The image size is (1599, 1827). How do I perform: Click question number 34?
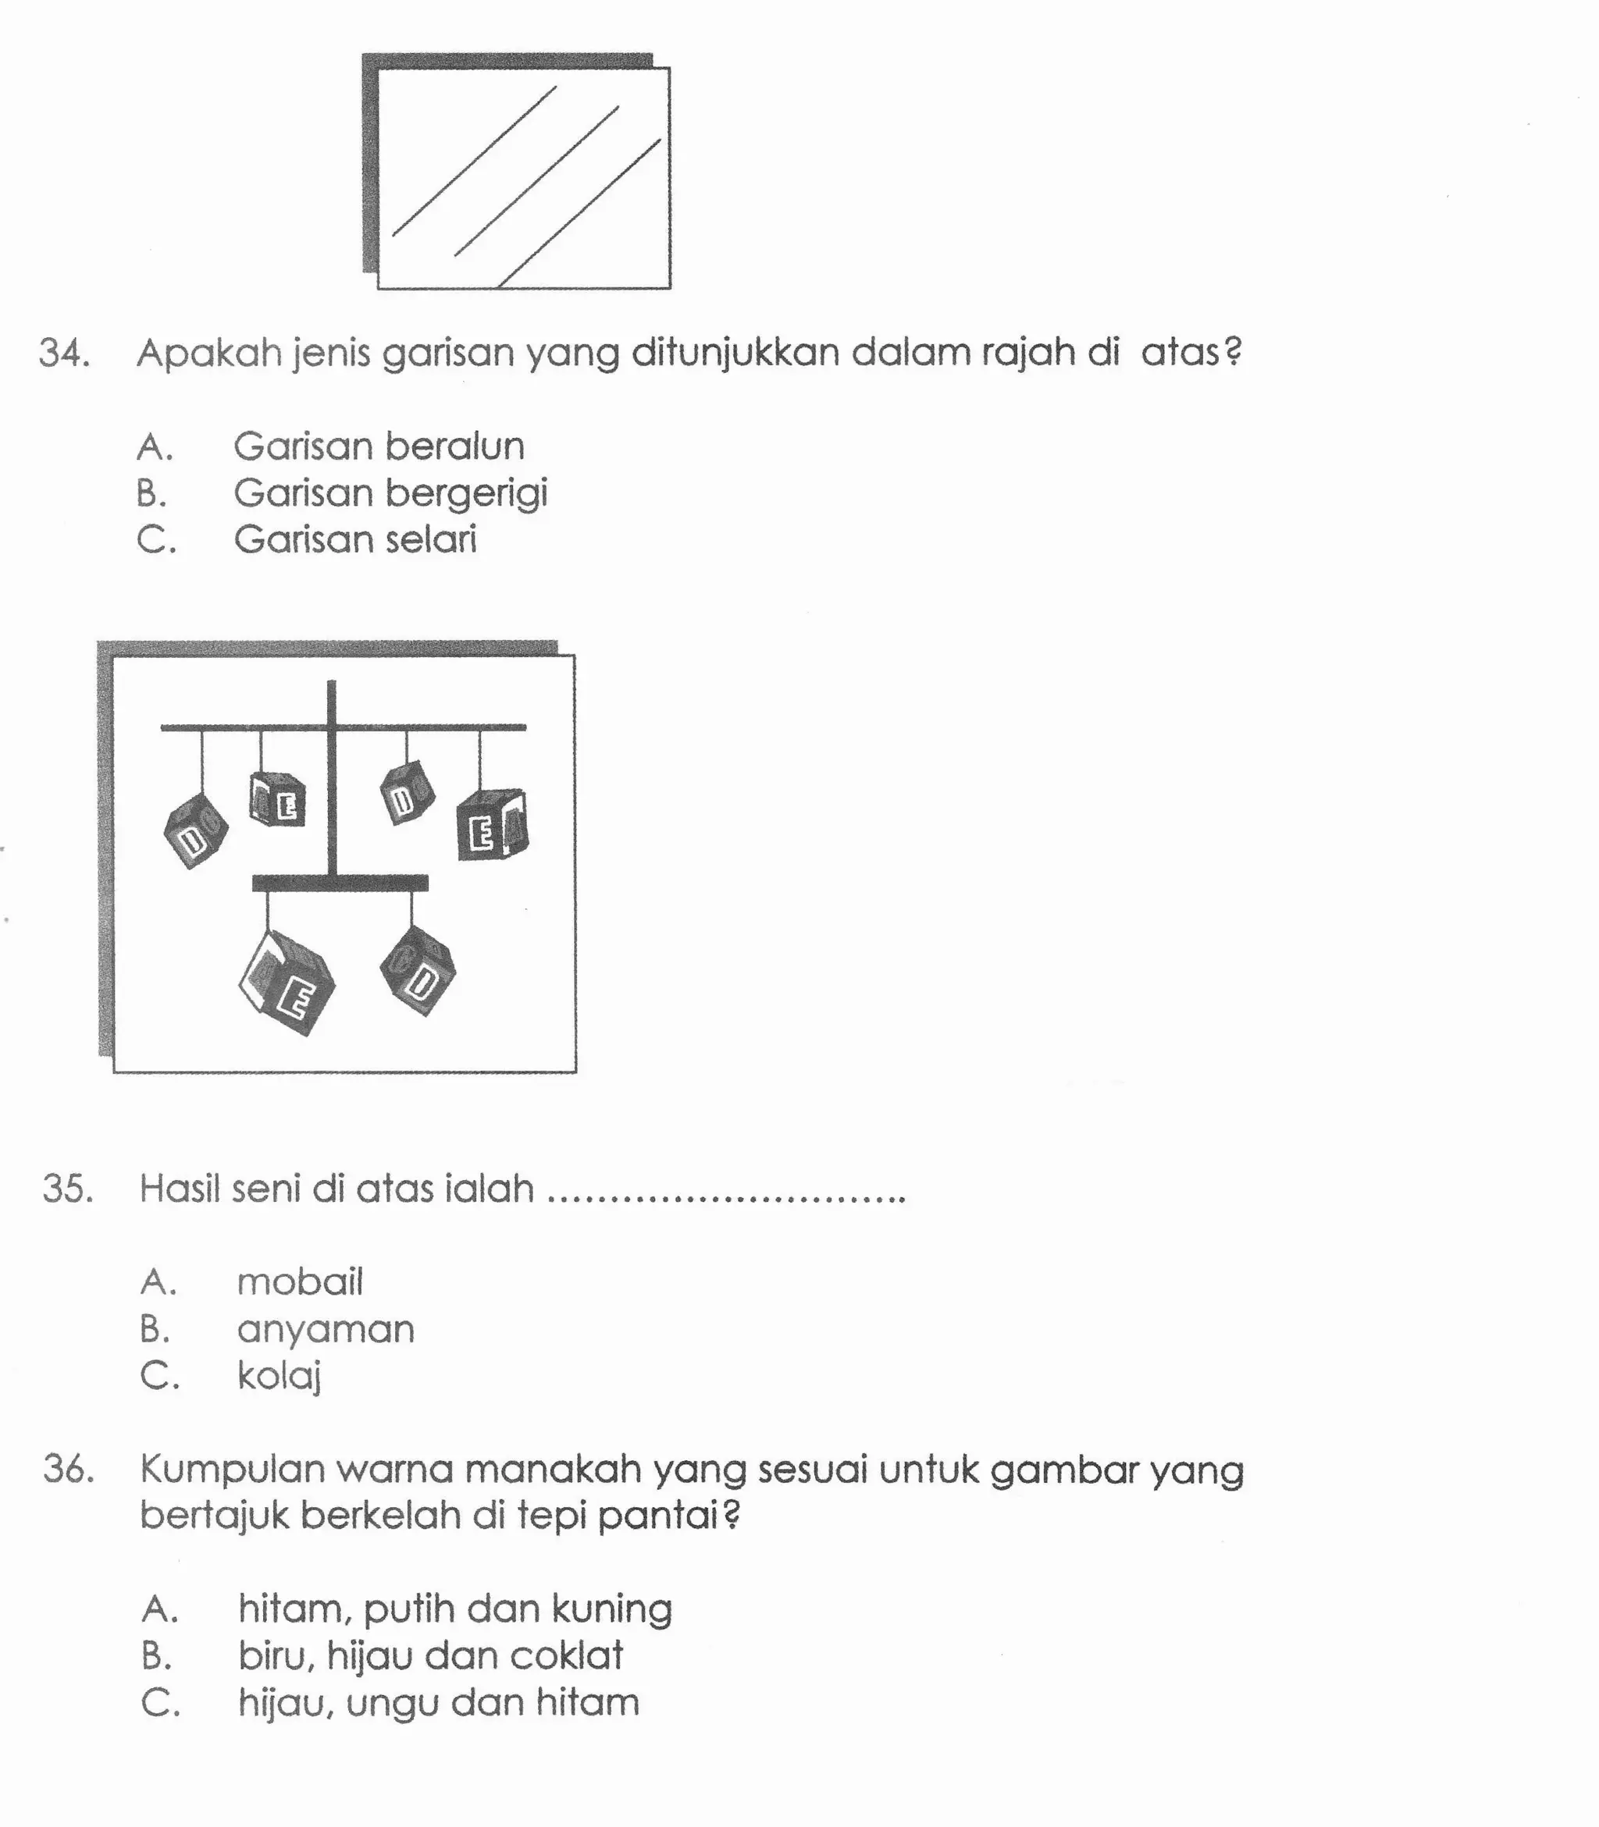point(64,354)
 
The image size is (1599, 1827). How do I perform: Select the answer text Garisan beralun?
point(379,446)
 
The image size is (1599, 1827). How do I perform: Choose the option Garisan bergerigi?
point(390,493)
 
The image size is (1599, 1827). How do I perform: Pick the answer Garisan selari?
point(355,539)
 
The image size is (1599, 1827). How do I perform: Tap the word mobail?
point(300,1282)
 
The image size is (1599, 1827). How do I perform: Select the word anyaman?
point(326,1329)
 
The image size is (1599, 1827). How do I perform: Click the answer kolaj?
point(279,1377)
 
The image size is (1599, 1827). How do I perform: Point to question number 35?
point(68,1189)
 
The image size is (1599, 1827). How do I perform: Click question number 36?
point(69,1470)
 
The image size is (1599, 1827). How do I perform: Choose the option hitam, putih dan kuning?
point(454,1609)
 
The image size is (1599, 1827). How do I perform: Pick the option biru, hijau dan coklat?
point(430,1656)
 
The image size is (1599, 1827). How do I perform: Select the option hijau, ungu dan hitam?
point(438,1702)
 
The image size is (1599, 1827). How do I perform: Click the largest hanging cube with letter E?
point(287,984)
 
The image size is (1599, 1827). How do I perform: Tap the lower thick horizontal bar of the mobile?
point(340,883)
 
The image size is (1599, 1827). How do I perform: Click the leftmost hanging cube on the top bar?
point(196,830)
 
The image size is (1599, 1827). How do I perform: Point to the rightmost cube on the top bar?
point(492,825)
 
